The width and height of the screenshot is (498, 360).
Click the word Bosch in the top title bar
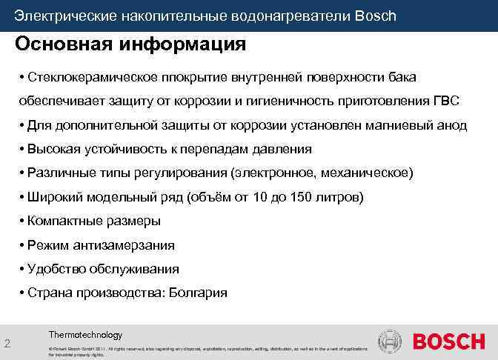point(376,16)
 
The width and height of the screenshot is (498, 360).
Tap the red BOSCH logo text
point(448,342)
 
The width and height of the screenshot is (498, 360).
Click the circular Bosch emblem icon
point(390,342)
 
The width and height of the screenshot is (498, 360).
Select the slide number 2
point(7,343)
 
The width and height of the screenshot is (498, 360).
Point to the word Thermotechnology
point(85,335)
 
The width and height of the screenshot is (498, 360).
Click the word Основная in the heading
point(60,44)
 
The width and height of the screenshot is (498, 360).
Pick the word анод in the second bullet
point(449,125)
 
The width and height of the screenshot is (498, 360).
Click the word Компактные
point(62,221)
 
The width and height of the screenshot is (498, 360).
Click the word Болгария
point(199,293)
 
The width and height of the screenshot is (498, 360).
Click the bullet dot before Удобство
point(22,269)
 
